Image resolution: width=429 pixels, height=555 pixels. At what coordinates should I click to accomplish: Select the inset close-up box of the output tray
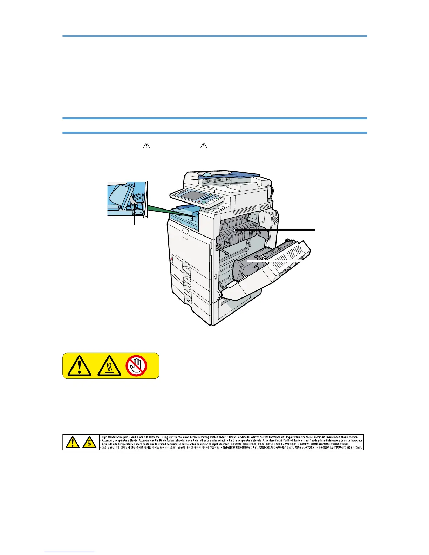(x=127, y=199)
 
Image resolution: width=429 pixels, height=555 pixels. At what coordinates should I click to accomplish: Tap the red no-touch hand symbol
(x=136, y=366)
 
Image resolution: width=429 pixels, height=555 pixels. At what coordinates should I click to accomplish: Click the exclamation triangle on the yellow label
(x=80, y=366)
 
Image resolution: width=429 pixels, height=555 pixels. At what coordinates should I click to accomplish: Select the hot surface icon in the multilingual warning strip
(x=90, y=443)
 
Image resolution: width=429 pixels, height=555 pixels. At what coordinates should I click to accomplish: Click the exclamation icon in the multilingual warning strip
(x=72, y=443)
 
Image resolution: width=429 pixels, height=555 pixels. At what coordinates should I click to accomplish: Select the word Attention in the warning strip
(x=109, y=441)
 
